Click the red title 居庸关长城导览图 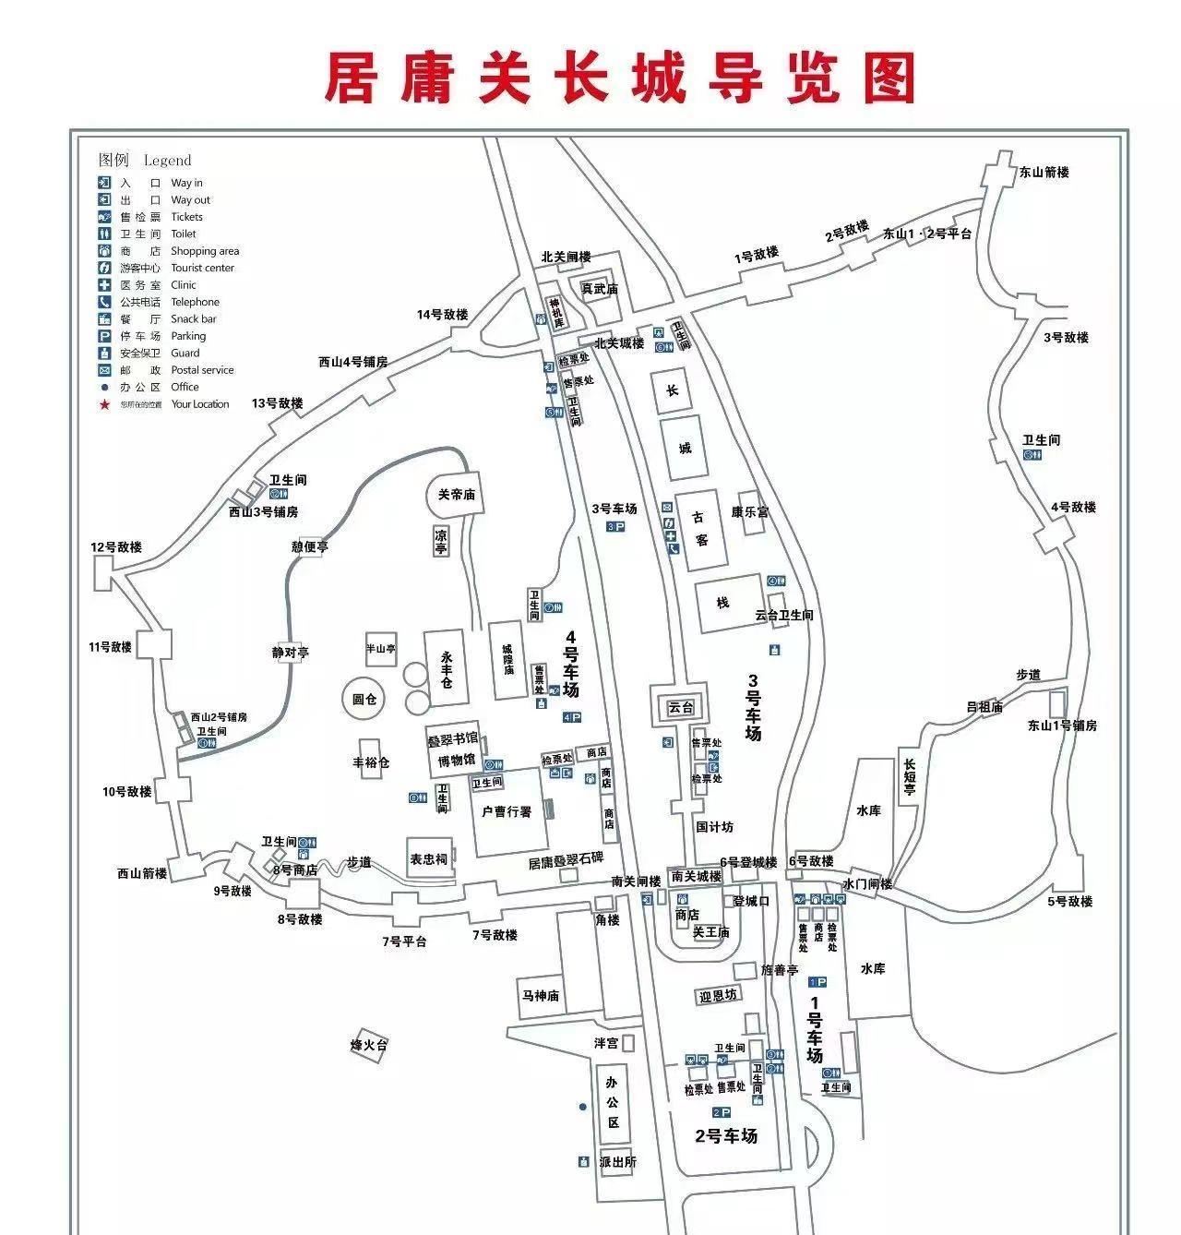(x=619, y=78)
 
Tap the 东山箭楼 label (x=1044, y=173)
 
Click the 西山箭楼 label (x=141, y=873)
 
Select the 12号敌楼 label (x=116, y=547)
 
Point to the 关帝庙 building (x=456, y=495)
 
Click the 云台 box (x=680, y=708)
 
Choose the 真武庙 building (x=599, y=289)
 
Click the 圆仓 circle (x=364, y=699)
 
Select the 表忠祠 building (x=428, y=859)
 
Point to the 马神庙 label (x=541, y=996)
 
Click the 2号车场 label (x=726, y=1136)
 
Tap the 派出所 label (x=617, y=1162)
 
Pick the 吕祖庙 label (x=984, y=707)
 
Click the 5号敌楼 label (x=1069, y=902)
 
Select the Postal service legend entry (x=202, y=370)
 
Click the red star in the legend (x=105, y=404)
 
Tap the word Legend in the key (x=167, y=161)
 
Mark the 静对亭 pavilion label (x=290, y=653)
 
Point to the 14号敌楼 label (x=442, y=315)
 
